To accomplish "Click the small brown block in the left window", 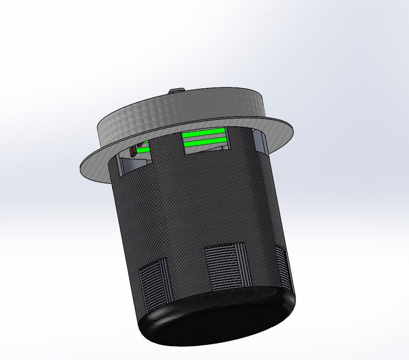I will [133, 151].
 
